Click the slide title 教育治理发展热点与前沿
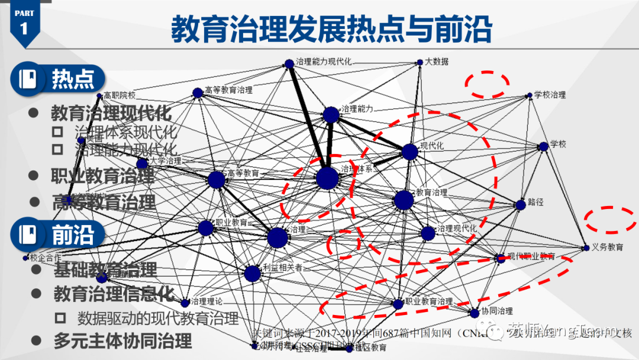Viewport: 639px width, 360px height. click(331, 28)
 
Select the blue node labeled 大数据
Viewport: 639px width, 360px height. click(420, 62)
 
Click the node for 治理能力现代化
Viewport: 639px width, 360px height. click(289, 63)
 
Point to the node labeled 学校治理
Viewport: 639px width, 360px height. click(530, 95)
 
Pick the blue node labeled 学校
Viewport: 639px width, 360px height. click(543, 146)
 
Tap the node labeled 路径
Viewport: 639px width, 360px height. click(520, 205)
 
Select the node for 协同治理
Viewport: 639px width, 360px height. click(474, 313)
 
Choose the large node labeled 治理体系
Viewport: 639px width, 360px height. click(327, 178)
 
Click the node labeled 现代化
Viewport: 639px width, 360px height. click(409, 152)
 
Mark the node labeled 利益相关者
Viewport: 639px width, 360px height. click(252, 273)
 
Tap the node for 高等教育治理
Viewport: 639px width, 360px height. click(198, 93)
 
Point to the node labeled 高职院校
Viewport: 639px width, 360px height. click(99, 95)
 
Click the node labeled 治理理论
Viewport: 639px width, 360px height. click(185, 303)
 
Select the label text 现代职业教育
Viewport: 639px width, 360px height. click(531, 256)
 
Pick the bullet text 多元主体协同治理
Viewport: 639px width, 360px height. click(122, 342)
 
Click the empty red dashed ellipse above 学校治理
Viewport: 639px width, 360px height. click(487, 84)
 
